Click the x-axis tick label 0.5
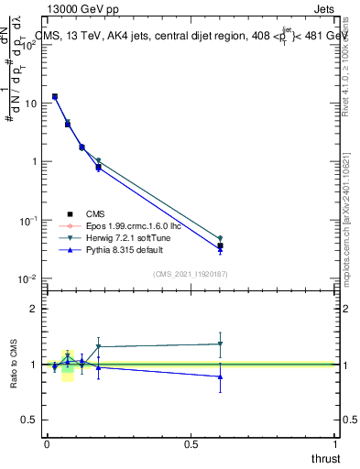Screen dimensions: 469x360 (191, 444)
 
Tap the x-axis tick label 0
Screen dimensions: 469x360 (47, 444)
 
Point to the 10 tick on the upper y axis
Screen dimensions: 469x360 (30, 103)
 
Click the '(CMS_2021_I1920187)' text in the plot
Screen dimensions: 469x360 (190, 273)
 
